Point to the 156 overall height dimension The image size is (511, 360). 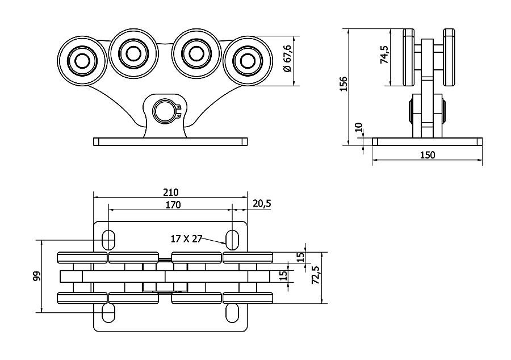pyautogui.click(x=343, y=84)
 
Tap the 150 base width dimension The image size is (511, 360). pyautogui.click(x=428, y=155)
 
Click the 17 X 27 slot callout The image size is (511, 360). pyautogui.click(x=187, y=238)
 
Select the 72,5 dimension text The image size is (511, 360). pyautogui.click(x=316, y=276)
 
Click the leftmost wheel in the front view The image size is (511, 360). pyautogui.click(x=82, y=59)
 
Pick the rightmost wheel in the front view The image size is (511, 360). pyautogui.click(x=246, y=60)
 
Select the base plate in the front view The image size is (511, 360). pyautogui.click(x=170, y=141)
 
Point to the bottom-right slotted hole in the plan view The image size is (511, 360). pyautogui.click(x=232, y=312)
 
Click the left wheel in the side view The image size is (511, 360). pyautogui.click(x=408, y=57)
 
